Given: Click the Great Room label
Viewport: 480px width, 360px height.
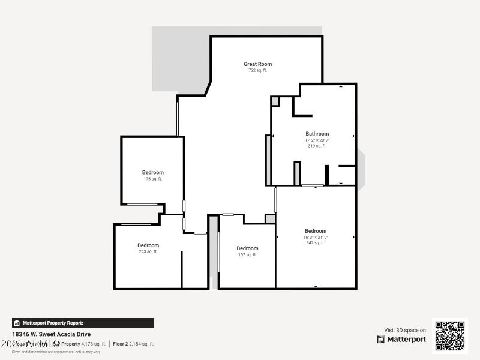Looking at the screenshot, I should point(257,64).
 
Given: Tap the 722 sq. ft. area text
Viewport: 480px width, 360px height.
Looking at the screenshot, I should point(257,70).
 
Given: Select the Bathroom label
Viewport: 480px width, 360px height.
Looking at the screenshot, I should point(317,134).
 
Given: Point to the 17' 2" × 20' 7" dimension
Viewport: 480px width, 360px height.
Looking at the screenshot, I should point(317,140).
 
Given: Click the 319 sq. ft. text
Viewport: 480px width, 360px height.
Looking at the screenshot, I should point(317,146).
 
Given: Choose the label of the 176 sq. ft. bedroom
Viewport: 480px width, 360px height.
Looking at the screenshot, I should point(152,173).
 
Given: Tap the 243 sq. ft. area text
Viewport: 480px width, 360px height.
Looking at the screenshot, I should point(148,251).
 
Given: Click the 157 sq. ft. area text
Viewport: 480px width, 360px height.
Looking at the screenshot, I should point(247,254).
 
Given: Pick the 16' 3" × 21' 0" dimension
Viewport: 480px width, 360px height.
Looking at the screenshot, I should point(316,237).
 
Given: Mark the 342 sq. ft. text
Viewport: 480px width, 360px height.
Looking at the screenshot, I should point(316,243).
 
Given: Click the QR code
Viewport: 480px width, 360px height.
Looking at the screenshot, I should point(450,336).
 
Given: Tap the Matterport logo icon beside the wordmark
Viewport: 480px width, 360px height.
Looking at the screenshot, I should point(381,340).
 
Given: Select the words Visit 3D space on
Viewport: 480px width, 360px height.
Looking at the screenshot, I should point(405,330).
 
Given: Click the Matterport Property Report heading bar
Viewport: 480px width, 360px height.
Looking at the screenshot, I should point(83,323).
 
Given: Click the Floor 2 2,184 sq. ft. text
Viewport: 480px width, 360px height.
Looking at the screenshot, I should point(134,344).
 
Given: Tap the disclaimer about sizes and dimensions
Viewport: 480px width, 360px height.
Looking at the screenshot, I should point(56,352).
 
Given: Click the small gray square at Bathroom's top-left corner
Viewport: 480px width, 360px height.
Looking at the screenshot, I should point(275,101).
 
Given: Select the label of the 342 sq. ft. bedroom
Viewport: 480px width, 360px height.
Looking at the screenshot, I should point(316,231).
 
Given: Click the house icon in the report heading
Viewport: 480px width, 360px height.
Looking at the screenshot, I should point(17,323).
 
